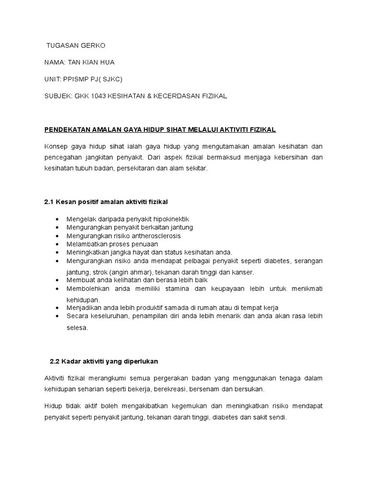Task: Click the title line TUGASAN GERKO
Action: (x=76, y=46)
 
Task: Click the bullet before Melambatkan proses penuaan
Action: (x=57, y=244)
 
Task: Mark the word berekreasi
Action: (x=171, y=389)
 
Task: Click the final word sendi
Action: (x=277, y=417)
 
